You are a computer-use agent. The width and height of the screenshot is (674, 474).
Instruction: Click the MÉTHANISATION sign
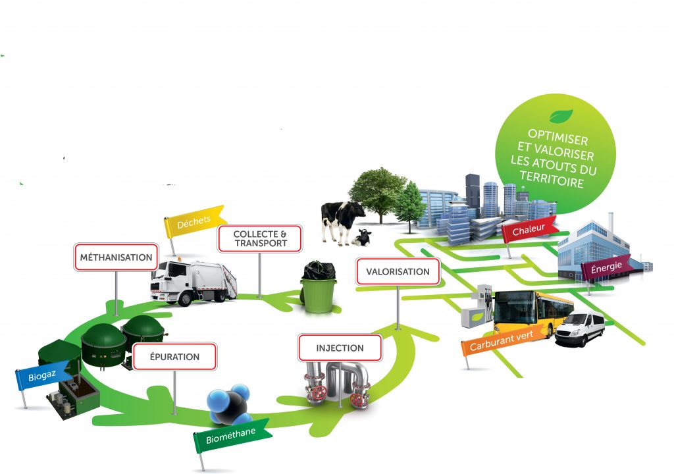(116, 257)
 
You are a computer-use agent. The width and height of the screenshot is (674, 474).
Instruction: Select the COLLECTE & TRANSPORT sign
(260, 238)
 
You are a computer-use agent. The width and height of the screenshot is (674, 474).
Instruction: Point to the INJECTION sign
(340, 348)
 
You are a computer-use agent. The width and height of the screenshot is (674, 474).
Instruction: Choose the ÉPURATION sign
(174, 357)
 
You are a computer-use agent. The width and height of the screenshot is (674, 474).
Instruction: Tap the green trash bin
(319, 288)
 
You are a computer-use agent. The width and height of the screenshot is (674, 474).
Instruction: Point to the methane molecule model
(229, 406)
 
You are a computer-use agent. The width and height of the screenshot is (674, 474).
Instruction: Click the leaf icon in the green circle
(561, 117)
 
